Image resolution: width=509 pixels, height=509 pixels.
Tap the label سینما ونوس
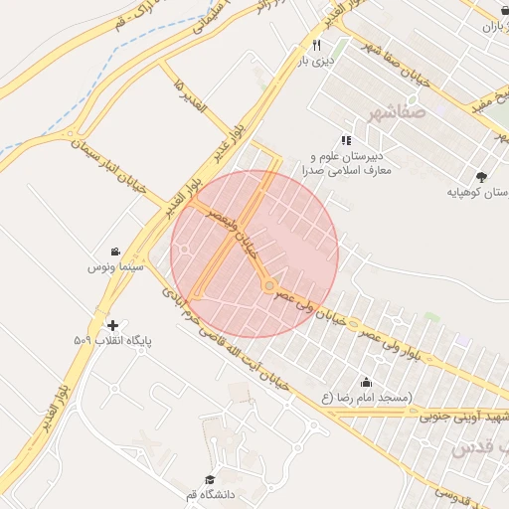coord(117,268)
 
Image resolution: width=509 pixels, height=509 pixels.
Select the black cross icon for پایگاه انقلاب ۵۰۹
coord(111,325)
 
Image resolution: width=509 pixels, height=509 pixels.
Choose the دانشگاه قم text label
coord(209,494)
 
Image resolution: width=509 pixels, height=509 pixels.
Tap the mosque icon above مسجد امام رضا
coord(366,383)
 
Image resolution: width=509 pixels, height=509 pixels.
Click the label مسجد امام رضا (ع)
coord(366,399)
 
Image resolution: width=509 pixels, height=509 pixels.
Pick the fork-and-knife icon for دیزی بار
coord(316,46)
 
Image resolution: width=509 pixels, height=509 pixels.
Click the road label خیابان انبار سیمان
coord(109,165)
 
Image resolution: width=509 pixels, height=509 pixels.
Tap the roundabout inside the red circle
coord(268,286)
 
